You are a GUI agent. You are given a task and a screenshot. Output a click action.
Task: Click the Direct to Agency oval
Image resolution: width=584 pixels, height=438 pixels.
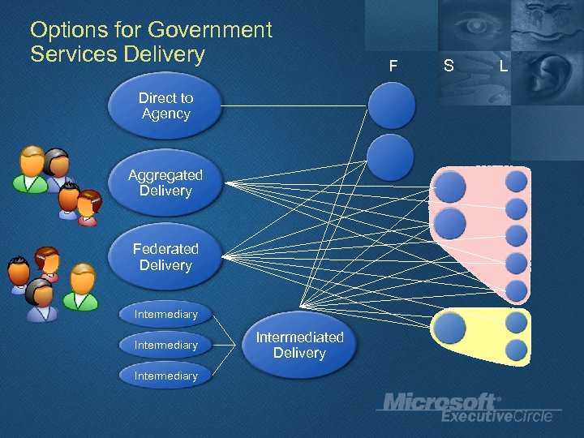[x=165, y=106]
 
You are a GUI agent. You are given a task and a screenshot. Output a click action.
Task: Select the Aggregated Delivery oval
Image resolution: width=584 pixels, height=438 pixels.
[x=165, y=183]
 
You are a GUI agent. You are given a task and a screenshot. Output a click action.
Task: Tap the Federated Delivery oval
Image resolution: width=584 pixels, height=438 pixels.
[x=165, y=257]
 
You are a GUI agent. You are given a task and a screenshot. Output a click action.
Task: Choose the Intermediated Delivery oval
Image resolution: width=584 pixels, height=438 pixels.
[x=299, y=345]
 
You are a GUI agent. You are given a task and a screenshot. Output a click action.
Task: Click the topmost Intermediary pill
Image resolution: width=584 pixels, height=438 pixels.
[x=165, y=314]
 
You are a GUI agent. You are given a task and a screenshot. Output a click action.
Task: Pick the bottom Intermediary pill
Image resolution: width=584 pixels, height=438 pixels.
[x=165, y=376]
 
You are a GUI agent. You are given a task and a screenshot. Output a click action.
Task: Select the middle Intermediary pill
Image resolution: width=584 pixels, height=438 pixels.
[x=165, y=345]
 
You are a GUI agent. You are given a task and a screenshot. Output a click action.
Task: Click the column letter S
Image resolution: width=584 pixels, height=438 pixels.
[x=449, y=66]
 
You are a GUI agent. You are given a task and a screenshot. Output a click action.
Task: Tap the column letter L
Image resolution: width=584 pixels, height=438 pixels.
[x=504, y=66]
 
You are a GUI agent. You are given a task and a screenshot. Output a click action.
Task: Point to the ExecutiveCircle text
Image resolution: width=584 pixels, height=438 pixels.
[x=497, y=416]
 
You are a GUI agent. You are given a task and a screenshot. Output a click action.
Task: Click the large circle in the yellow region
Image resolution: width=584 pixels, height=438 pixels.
[x=449, y=328]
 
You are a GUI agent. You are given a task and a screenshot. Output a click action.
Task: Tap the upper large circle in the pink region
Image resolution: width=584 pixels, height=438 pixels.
[x=450, y=188]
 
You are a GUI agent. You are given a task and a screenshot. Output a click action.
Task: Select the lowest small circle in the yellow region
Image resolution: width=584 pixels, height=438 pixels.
[x=517, y=350]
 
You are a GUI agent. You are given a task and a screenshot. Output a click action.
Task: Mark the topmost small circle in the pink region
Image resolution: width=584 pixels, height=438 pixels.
[x=517, y=181]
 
